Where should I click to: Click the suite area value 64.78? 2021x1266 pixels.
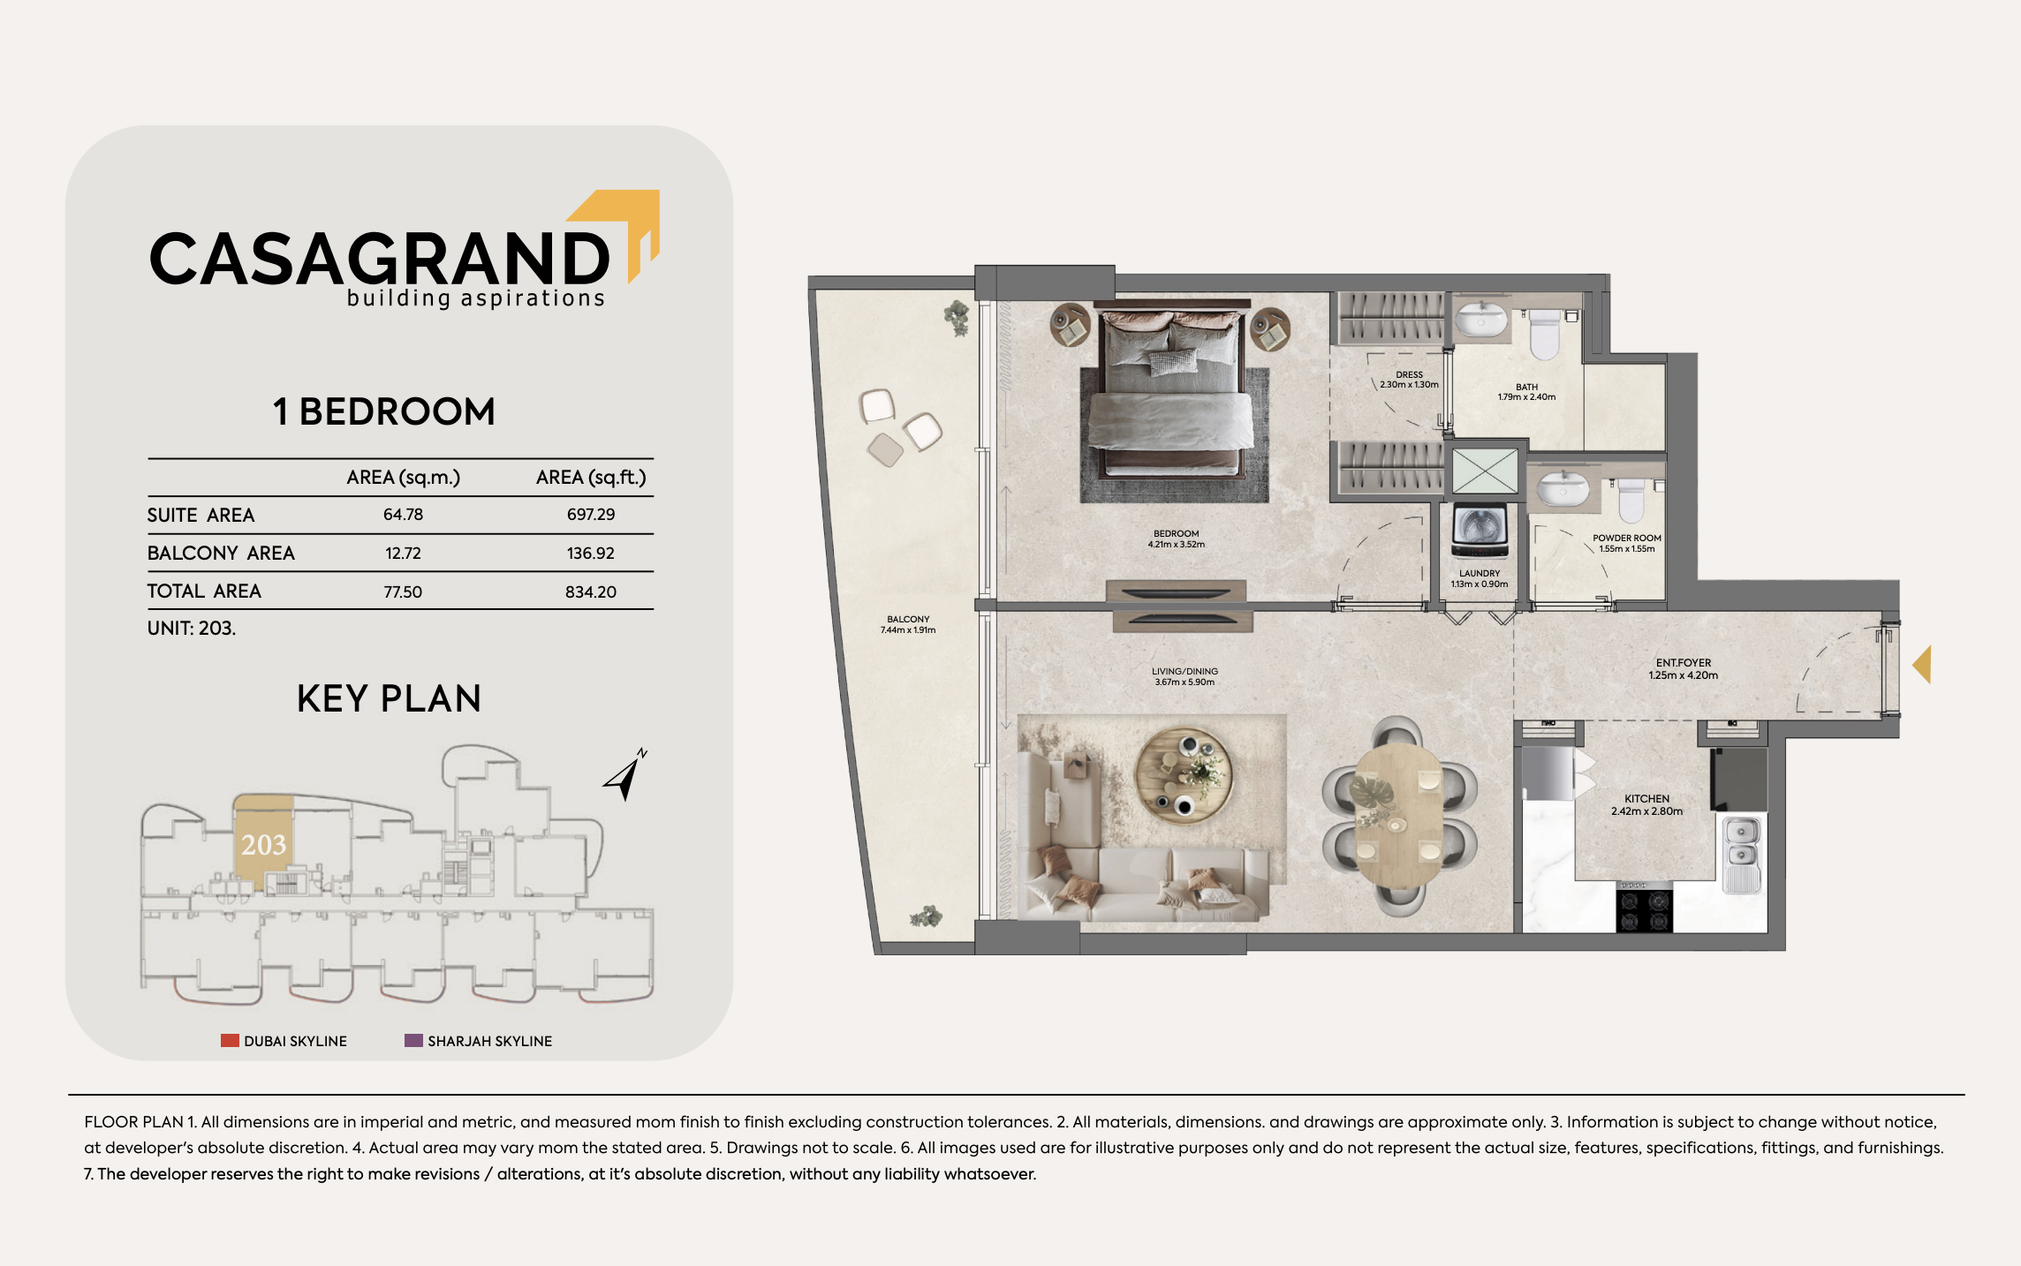point(403,515)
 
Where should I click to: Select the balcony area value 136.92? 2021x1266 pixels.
point(590,554)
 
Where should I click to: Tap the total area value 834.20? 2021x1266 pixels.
point(591,592)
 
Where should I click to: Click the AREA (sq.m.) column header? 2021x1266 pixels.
point(404,478)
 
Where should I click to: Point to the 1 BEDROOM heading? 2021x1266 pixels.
point(384,411)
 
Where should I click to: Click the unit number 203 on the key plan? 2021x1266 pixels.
point(263,845)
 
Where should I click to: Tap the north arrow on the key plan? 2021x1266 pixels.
point(625,775)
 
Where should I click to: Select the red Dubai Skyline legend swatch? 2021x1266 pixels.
point(230,1040)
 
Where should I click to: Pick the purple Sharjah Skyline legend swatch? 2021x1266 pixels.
point(413,1040)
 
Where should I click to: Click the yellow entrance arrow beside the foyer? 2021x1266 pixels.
point(1922,664)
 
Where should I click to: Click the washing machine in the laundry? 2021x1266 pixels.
point(1480,531)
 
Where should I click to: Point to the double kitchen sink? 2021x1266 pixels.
point(1742,855)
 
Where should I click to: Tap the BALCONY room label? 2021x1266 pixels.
point(908,620)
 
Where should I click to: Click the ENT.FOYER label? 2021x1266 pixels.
point(1684,663)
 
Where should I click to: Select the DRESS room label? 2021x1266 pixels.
point(1410,374)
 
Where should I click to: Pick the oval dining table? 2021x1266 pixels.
point(1398,817)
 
